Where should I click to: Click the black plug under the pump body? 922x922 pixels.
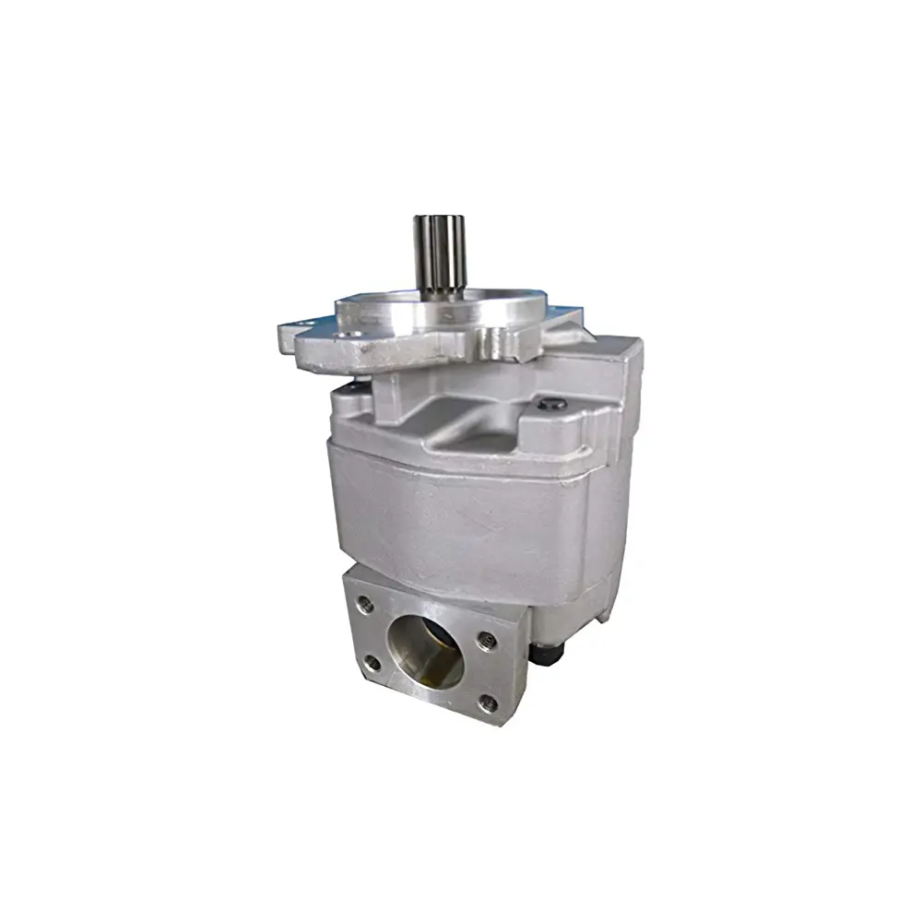click(x=549, y=653)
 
